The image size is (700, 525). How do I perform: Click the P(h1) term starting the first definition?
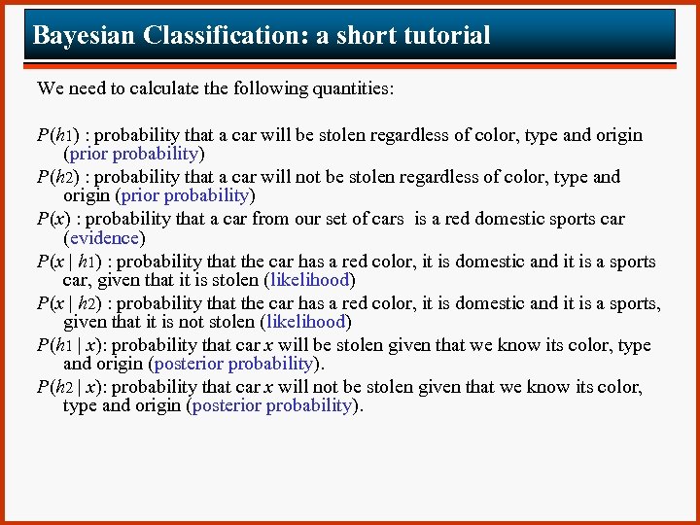56,135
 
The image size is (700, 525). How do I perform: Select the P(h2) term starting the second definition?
56,177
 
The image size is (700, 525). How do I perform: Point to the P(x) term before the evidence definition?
52,219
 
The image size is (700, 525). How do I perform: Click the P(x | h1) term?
67,262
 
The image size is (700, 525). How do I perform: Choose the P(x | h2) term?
67,303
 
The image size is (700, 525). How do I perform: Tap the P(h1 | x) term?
67,345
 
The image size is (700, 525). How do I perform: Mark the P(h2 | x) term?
67,387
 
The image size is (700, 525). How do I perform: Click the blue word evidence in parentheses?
104,237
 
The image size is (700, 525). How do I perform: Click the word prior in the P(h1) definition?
88,154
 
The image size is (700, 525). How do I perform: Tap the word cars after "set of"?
382,219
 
